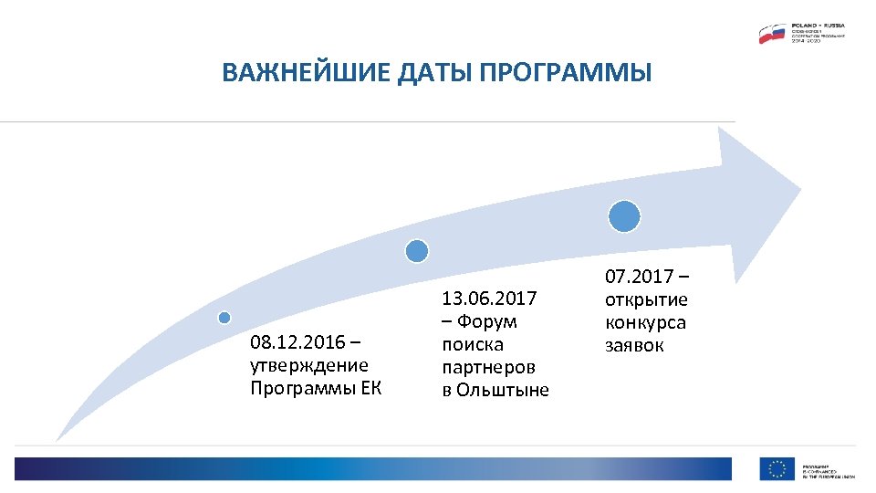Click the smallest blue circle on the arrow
point(224,317)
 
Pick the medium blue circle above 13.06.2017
point(416,250)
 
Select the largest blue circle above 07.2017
point(624,216)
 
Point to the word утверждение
point(308,365)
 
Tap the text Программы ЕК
point(315,388)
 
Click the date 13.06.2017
point(489,299)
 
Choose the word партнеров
point(488,367)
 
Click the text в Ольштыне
point(495,390)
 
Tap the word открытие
point(646,300)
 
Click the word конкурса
point(645,323)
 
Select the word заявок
point(634,346)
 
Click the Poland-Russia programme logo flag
point(772,34)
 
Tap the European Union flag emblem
point(777,468)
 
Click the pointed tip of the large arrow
point(799,194)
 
